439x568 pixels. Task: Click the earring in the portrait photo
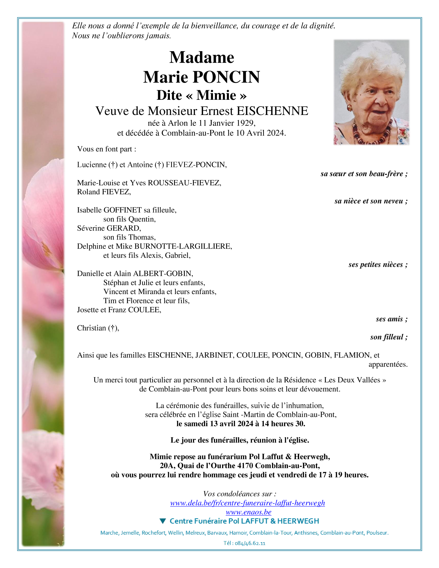click(x=349, y=108)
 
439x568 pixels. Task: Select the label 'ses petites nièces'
click(x=375, y=265)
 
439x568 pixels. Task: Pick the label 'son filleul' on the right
click(x=386, y=337)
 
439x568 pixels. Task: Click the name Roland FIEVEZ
click(x=104, y=192)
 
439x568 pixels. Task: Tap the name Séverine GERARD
click(x=109, y=228)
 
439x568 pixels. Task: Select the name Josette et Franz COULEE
click(x=119, y=310)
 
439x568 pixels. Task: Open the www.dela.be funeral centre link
click(x=247, y=503)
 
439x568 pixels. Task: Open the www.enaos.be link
click(x=248, y=512)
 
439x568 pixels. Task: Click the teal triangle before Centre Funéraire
click(x=163, y=521)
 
